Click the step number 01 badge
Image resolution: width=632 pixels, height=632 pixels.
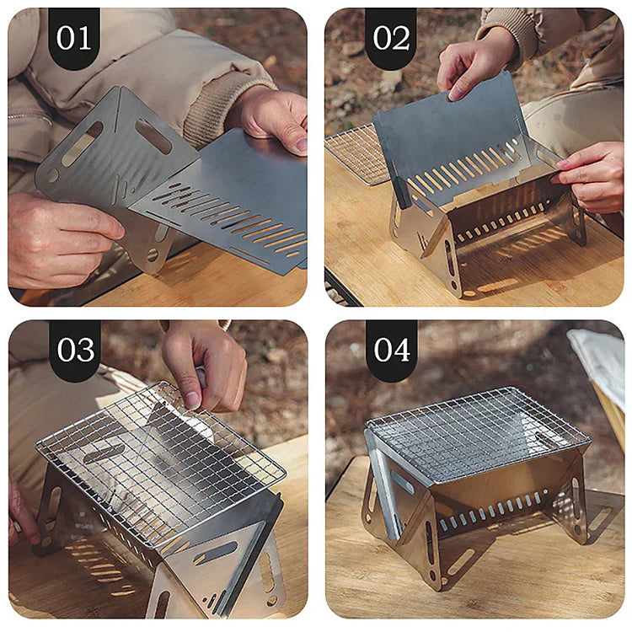(x=74, y=38)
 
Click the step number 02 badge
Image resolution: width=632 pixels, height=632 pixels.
(x=390, y=38)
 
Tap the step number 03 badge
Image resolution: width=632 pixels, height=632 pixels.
(x=75, y=350)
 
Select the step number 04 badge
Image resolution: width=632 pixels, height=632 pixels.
(x=391, y=350)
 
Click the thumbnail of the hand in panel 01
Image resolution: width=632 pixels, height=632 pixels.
(x=301, y=145)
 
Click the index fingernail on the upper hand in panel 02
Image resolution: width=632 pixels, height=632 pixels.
(x=454, y=95)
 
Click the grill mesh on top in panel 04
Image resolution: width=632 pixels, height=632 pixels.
(x=478, y=433)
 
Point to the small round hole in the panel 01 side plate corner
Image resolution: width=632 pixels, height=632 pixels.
(x=53, y=175)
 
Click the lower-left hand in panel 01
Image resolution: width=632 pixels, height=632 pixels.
(x=61, y=238)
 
